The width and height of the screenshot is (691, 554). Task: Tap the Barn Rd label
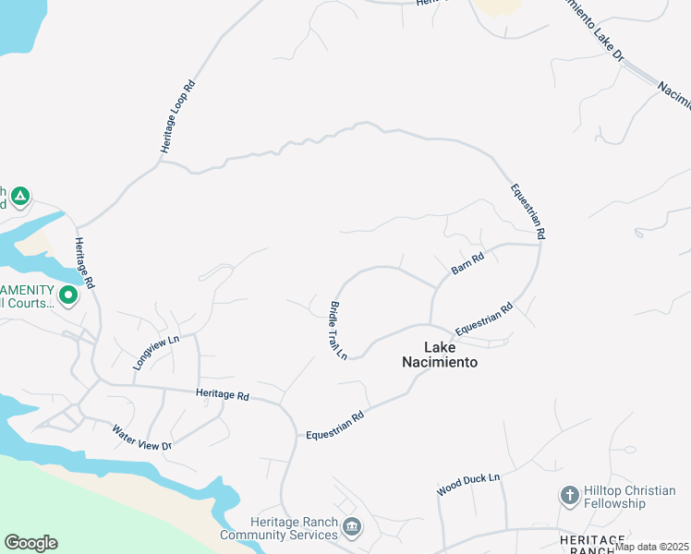point(467,265)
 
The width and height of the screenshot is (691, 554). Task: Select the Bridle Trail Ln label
point(337,330)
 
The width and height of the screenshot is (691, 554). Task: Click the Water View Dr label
point(141,438)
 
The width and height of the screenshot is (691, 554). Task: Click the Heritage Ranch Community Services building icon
point(352,527)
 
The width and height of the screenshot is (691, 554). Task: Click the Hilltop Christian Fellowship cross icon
point(570,497)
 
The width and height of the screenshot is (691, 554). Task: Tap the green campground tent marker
point(20,197)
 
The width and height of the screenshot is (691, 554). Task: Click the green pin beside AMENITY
point(68,295)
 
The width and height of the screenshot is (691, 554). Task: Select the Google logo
point(30,543)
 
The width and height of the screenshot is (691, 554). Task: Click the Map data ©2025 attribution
point(651,547)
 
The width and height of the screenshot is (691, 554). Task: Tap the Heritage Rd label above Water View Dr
point(223,395)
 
